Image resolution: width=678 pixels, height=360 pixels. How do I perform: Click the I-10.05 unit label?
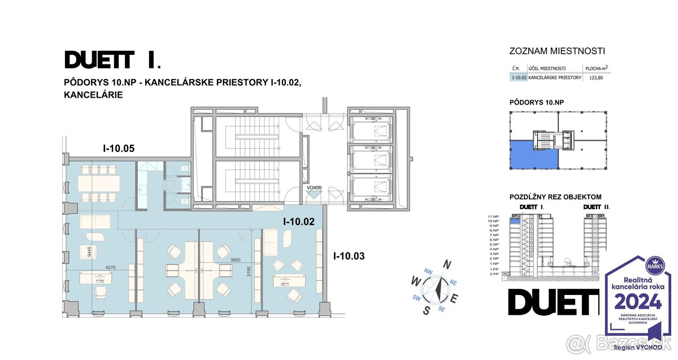[119, 149]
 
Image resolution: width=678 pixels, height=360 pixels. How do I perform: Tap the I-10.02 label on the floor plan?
[298, 222]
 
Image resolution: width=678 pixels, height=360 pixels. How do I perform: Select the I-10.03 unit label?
[349, 256]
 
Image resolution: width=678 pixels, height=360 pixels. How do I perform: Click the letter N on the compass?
[447, 264]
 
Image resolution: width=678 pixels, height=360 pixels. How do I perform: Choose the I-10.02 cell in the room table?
[519, 77]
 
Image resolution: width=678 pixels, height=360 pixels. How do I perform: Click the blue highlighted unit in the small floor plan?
[533, 155]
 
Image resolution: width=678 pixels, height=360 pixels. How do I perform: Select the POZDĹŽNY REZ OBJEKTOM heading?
[555, 197]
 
